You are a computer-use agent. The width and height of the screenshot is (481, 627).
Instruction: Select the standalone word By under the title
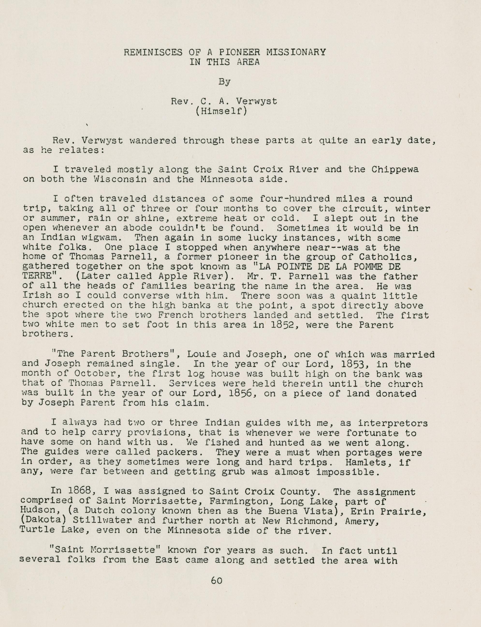(x=225, y=82)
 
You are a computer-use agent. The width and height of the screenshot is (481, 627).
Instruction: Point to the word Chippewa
(x=395, y=170)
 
